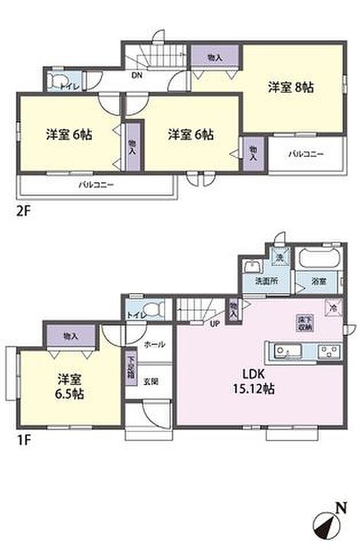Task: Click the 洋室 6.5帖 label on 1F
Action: (x=70, y=387)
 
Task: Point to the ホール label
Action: (x=154, y=344)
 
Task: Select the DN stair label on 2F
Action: (x=137, y=75)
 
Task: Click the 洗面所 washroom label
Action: (x=267, y=281)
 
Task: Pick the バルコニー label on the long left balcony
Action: (x=97, y=186)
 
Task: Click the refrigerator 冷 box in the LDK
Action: (x=333, y=306)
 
